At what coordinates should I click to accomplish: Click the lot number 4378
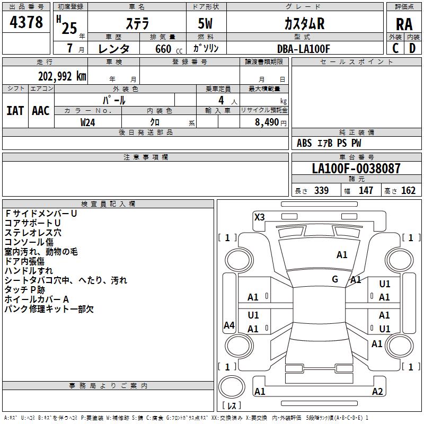pyautogui.click(x=26, y=22)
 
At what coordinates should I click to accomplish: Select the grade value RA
pyautogui.click(x=404, y=24)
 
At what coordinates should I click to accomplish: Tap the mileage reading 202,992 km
pyautogui.click(x=62, y=76)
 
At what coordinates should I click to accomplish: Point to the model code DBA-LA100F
pyautogui.click(x=303, y=49)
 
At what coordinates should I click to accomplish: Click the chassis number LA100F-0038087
pyautogui.click(x=356, y=168)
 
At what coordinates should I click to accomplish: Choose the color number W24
pyautogui.click(x=87, y=122)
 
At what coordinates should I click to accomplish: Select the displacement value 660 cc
pyautogui.click(x=169, y=49)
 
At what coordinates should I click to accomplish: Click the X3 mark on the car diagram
pyautogui.click(x=259, y=217)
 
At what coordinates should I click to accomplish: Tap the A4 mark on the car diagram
pyautogui.click(x=229, y=325)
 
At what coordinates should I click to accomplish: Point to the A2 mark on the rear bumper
pyautogui.click(x=377, y=391)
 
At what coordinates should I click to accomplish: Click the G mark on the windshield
pyautogui.click(x=335, y=279)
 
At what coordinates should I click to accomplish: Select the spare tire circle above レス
pyautogui.click(x=232, y=387)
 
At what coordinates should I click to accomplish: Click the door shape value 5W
pyautogui.click(x=205, y=23)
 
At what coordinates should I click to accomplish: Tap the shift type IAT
pyautogui.click(x=15, y=111)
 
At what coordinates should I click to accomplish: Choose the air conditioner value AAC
pyautogui.click(x=41, y=111)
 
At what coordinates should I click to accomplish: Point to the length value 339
pyautogui.click(x=322, y=190)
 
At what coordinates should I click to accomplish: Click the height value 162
pyautogui.click(x=408, y=190)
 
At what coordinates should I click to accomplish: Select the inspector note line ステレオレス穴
pyautogui.click(x=33, y=233)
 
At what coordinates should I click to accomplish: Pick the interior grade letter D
pyautogui.click(x=412, y=48)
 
